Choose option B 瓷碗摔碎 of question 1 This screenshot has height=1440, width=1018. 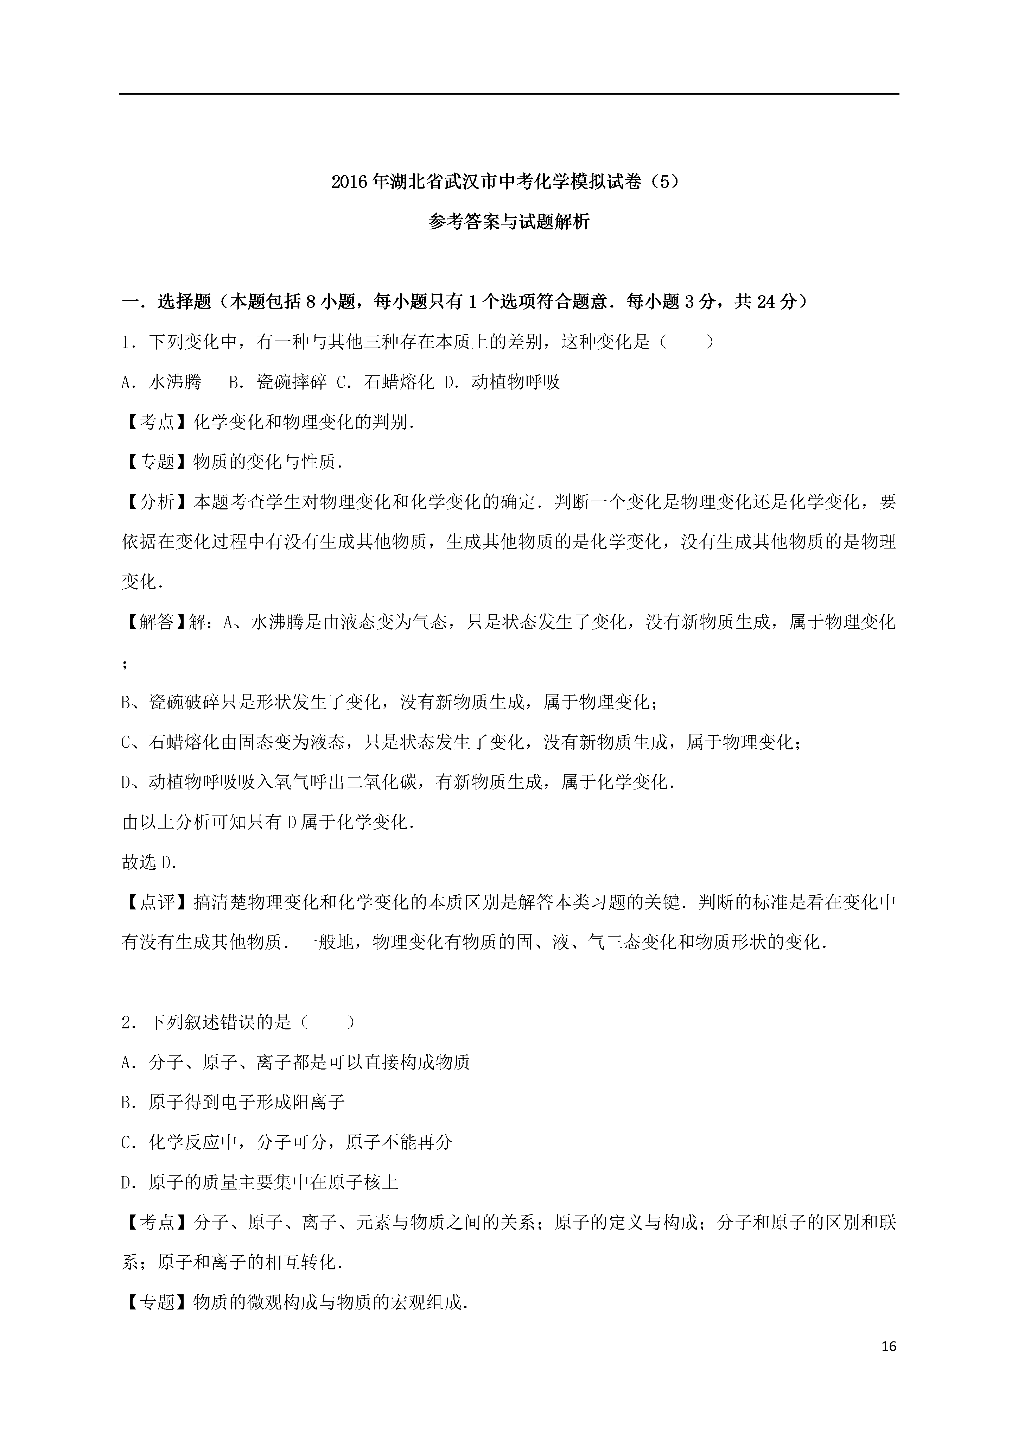277,382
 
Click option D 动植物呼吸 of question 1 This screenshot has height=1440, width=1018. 501,382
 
